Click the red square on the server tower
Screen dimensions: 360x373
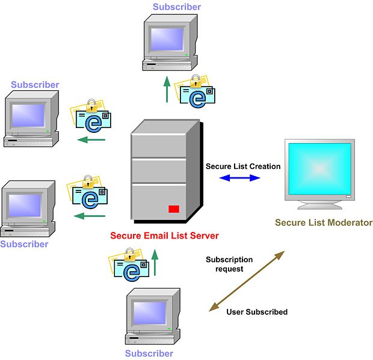coord(174,209)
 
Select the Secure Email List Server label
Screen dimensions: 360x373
coord(164,235)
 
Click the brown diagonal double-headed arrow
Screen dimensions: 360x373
coord(246,281)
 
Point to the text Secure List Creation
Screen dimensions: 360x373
coord(243,166)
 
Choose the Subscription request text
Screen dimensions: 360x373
coord(229,264)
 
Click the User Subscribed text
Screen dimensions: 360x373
coord(257,312)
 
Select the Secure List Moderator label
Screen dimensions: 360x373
coord(324,222)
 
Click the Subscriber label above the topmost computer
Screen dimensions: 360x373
coord(177,7)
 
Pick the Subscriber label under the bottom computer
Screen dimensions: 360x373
coord(149,353)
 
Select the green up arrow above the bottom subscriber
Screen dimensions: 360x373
coord(155,263)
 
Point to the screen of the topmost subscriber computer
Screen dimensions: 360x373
coord(167,38)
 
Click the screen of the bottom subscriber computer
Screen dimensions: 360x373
coord(149,313)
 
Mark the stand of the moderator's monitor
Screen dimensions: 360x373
coord(318,204)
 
